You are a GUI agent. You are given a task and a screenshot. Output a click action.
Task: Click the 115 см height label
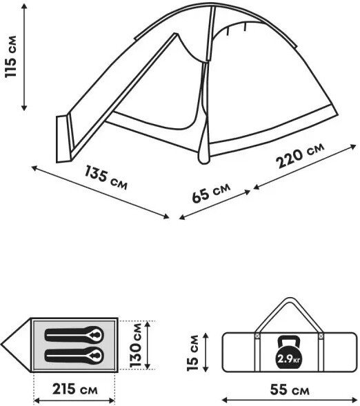[11, 57]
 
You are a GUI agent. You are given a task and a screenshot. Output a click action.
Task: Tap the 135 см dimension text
[106, 177]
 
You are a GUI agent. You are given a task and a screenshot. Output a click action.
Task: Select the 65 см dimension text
[211, 192]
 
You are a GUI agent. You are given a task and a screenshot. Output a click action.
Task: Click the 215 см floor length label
[75, 389]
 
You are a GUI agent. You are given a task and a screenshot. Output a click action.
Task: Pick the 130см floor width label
[136, 345]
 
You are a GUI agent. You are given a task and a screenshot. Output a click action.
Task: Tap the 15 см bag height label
[192, 353]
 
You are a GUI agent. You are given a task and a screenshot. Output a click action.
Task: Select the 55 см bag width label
[290, 389]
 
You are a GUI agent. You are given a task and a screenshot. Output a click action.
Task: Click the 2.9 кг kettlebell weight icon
[288, 352]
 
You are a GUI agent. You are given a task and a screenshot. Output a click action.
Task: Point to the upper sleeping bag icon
[74, 335]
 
